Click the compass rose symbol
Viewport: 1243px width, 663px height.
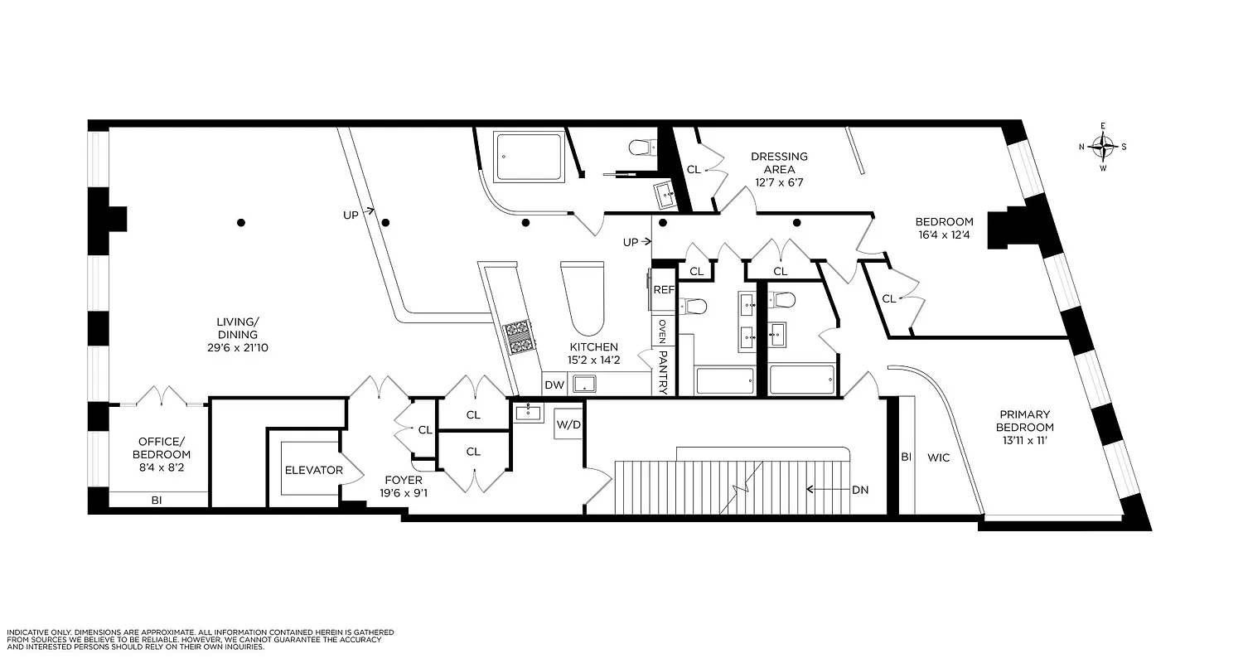tap(1103, 148)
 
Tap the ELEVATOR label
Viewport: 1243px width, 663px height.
tap(314, 470)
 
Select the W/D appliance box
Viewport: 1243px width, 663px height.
tap(568, 424)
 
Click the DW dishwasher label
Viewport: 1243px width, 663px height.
tap(554, 385)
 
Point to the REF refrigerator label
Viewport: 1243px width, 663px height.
tap(664, 290)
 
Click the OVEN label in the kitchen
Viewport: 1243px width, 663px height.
tap(663, 332)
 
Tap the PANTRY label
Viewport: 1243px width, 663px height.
tap(663, 371)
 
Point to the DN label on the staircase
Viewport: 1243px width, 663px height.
tap(860, 490)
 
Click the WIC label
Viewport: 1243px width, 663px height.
tap(939, 457)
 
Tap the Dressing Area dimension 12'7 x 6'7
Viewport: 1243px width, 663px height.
tap(779, 182)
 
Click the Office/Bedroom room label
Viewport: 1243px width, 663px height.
tap(164, 448)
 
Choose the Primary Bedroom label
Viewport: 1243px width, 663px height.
tap(1024, 421)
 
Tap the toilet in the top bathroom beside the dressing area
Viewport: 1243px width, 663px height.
tap(639, 148)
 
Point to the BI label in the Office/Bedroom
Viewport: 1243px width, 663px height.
tap(156, 500)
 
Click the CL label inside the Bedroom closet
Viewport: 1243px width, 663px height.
tap(888, 298)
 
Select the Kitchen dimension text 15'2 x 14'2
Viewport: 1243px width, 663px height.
tap(592, 361)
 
